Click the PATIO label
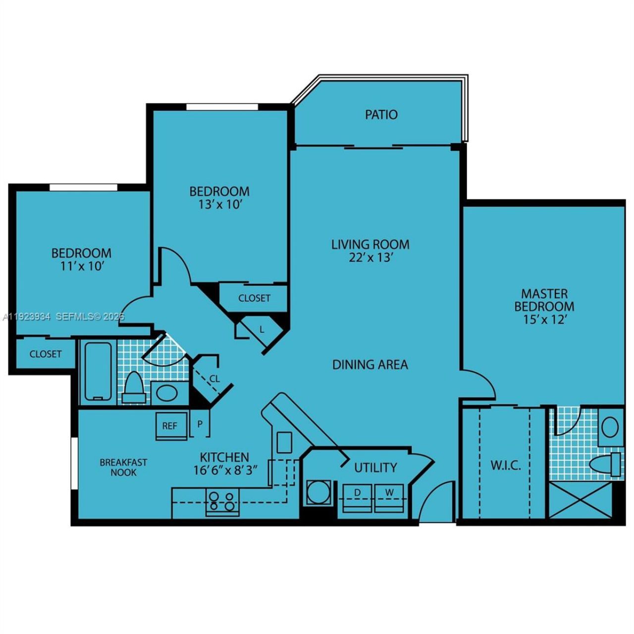coord(381,114)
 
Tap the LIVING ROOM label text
coord(370,244)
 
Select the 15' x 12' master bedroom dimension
coord(544,319)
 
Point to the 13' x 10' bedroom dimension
coord(219,204)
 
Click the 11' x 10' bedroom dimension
coord(81,266)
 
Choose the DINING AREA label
coord(370,365)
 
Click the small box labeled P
coord(200,424)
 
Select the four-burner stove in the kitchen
coord(222,501)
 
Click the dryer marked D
coord(357,498)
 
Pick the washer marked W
coord(390,498)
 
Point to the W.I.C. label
coord(505,466)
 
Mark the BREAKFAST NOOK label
coord(123,467)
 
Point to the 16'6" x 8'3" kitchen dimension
coord(225,470)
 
